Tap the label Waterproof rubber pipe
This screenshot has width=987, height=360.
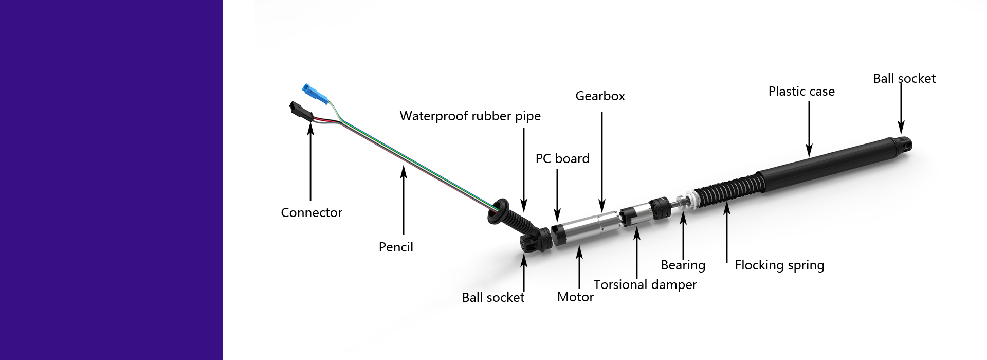470,116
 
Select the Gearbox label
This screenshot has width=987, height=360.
600,96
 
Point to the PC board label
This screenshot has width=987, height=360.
562,159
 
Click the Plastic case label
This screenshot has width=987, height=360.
801,92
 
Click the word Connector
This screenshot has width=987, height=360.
312,213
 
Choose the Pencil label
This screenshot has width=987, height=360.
396,247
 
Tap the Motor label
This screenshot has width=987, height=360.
575,297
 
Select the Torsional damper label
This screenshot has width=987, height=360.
645,285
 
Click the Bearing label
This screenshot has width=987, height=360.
683,265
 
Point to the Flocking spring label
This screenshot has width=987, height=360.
779,265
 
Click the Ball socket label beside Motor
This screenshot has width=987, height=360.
493,298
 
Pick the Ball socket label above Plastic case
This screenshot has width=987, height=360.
904,79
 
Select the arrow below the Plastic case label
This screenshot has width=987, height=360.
809,129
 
